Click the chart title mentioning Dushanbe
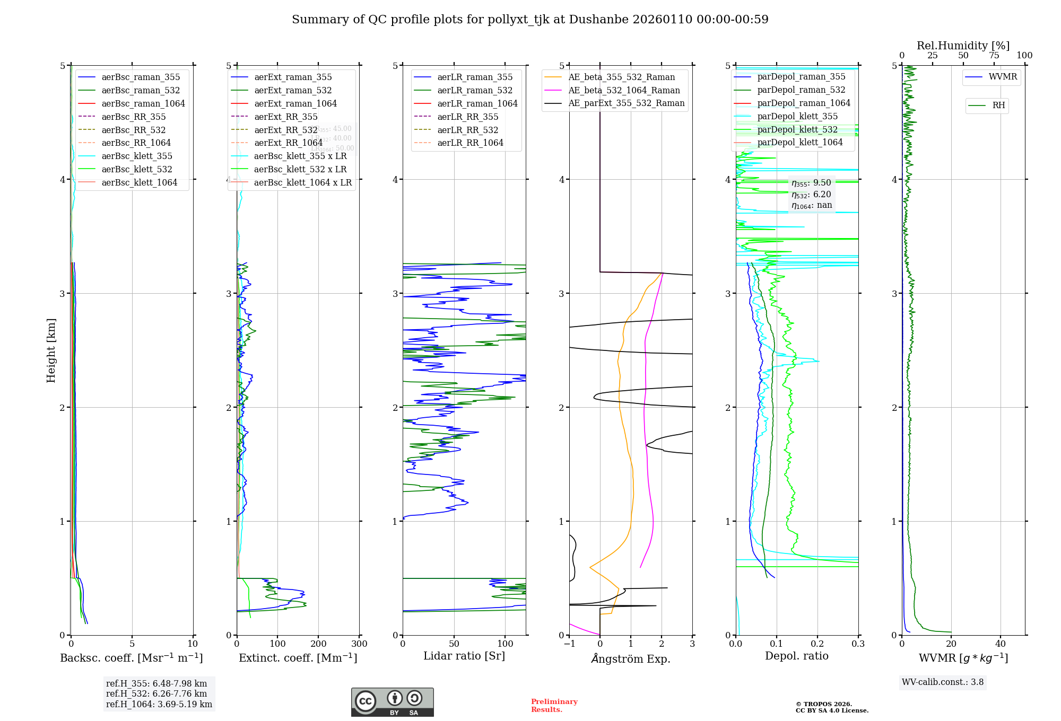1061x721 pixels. tap(530, 20)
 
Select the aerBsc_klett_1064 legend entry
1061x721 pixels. tap(139, 182)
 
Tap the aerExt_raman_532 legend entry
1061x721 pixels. tap(293, 90)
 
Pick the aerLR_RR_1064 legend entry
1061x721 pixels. tap(470, 143)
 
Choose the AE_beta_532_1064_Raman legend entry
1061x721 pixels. tap(624, 90)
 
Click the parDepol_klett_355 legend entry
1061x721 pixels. tap(797, 116)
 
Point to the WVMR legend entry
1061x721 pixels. tap(1003, 77)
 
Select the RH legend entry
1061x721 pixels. tap(998, 105)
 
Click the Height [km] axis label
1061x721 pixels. tap(51, 350)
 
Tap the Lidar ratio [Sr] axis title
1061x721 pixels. tap(464, 656)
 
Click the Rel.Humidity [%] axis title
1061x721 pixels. tap(963, 46)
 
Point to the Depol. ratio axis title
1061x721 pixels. tap(796, 656)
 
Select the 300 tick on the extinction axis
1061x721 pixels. tap(359, 644)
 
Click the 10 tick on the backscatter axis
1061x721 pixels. tap(193, 644)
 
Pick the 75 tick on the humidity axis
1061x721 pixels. tap(994, 55)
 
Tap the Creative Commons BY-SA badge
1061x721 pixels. tap(392, 702)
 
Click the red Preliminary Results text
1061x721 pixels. tap(554, 705)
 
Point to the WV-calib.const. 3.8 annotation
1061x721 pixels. tap(943, 682)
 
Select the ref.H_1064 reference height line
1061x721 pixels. tap(159, 704)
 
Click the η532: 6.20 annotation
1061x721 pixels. tap(811, 195)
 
